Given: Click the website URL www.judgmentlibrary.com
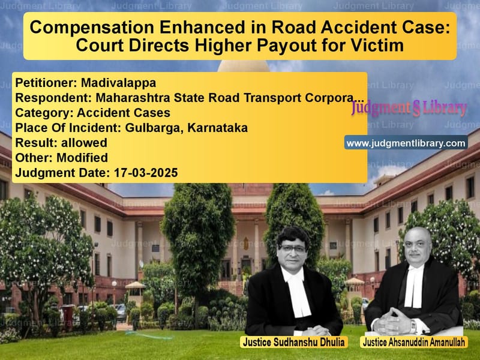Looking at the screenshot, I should [406, 143].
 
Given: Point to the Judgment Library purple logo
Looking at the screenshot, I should [409, 108].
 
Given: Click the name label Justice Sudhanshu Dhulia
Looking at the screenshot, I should [293, 343].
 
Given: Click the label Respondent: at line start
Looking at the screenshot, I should [46, 97].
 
